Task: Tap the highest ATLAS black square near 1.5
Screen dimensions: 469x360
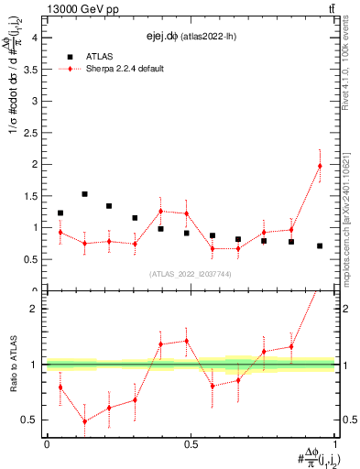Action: pyautogui.click(x=84, y=194)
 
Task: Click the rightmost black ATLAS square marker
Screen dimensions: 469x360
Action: pyautogui.click(x=320, y=245)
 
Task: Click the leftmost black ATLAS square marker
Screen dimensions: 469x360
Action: pyautogui.click(x=60, y=213)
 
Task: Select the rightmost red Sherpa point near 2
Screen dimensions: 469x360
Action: pyautogui.click(x=320, y=166)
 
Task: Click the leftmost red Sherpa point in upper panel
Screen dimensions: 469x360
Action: pyautogui.click(x=60, y=233)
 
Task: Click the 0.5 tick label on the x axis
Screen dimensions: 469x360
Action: pyautogui.click(x=191, y=443)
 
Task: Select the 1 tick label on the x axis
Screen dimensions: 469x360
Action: pyautogui.click(x=334, y=443)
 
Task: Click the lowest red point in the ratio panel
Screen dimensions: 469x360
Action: pyautogui.click(x=84, y=421)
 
